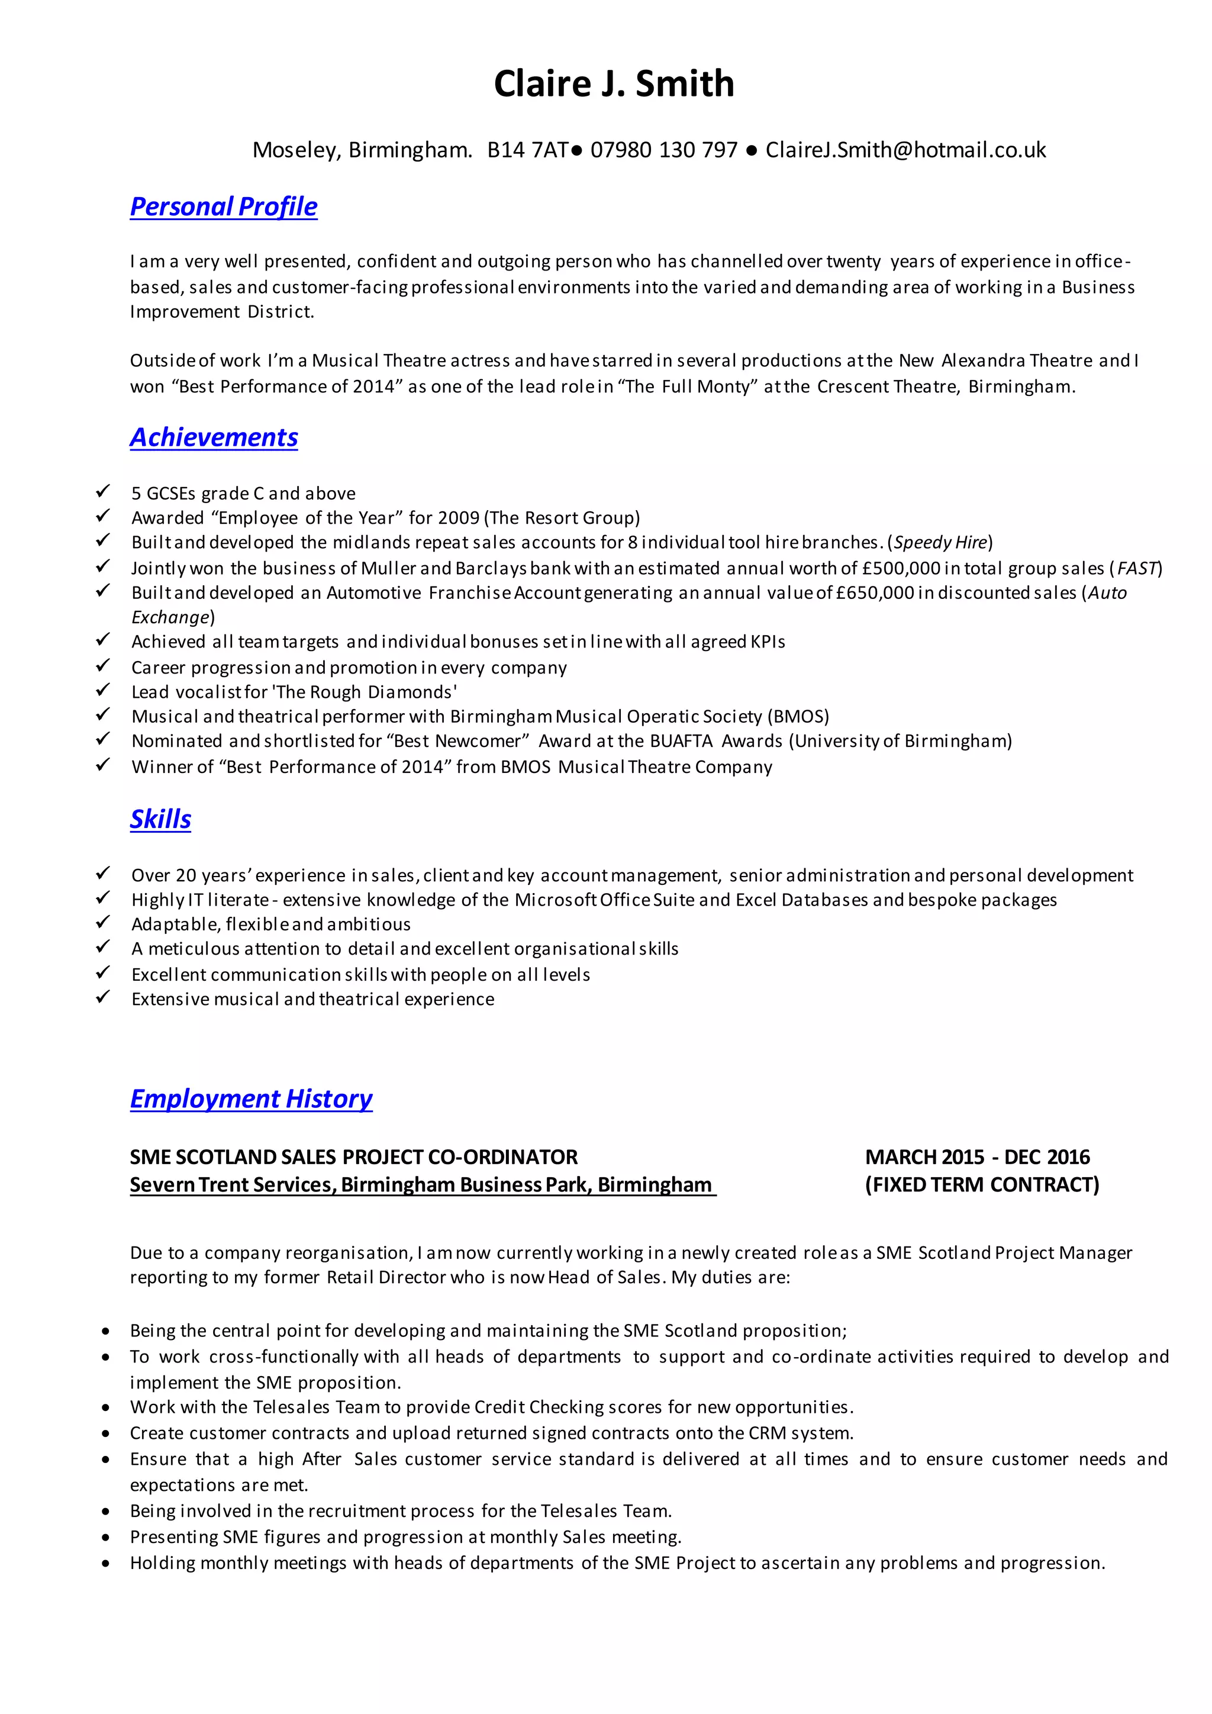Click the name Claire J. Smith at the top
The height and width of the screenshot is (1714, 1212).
(x=614, y=83)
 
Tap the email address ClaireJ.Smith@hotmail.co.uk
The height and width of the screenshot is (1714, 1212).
(x=905, y=150)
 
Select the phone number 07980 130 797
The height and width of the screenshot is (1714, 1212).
(x=663, y=150)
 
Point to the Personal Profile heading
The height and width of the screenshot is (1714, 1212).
(x=223, y=206)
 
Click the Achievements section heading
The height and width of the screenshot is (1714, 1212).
(x=214, y=437)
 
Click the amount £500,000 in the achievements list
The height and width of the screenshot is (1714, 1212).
(x=901, y=568)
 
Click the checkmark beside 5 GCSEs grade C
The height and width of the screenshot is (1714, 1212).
(x=103, y=491)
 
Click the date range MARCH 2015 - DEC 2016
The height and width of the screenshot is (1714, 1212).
(x=977, y=1157)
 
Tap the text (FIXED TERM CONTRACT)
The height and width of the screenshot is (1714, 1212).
(x=981, y=1185)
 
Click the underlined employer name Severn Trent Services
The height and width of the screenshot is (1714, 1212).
(x=231, y=1185)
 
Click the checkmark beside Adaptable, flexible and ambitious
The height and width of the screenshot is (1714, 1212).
(x=103, y=923)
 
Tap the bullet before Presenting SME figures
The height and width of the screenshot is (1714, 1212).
(x=107, y=1538)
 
